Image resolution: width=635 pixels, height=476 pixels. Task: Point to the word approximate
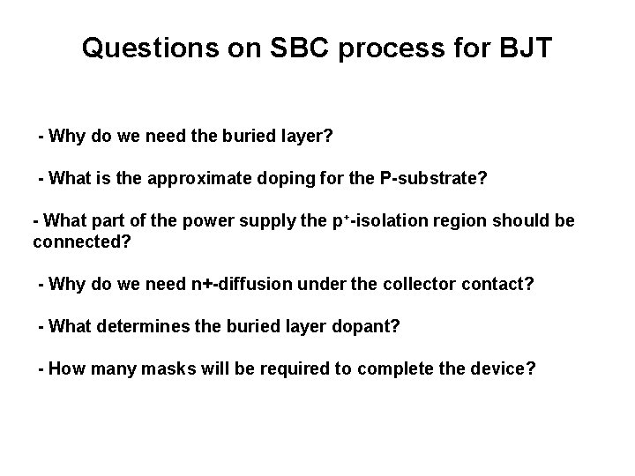(x=200, y=180)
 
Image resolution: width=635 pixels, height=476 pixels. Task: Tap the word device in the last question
(x=499, y=368)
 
